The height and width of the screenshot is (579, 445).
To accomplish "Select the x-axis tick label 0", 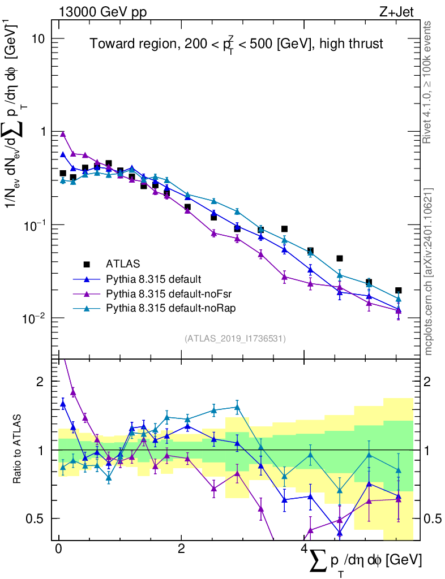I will pos(58,549).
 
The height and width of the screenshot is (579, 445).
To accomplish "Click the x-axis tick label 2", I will pos(181,549).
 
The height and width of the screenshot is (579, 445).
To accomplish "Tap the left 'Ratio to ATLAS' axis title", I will pos(18,450).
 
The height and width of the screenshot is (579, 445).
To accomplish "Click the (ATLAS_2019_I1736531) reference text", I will pos(235,339).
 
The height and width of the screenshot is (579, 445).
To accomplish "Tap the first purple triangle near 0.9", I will pos(63,134).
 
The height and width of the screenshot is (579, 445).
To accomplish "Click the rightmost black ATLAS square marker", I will pos(399,291).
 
